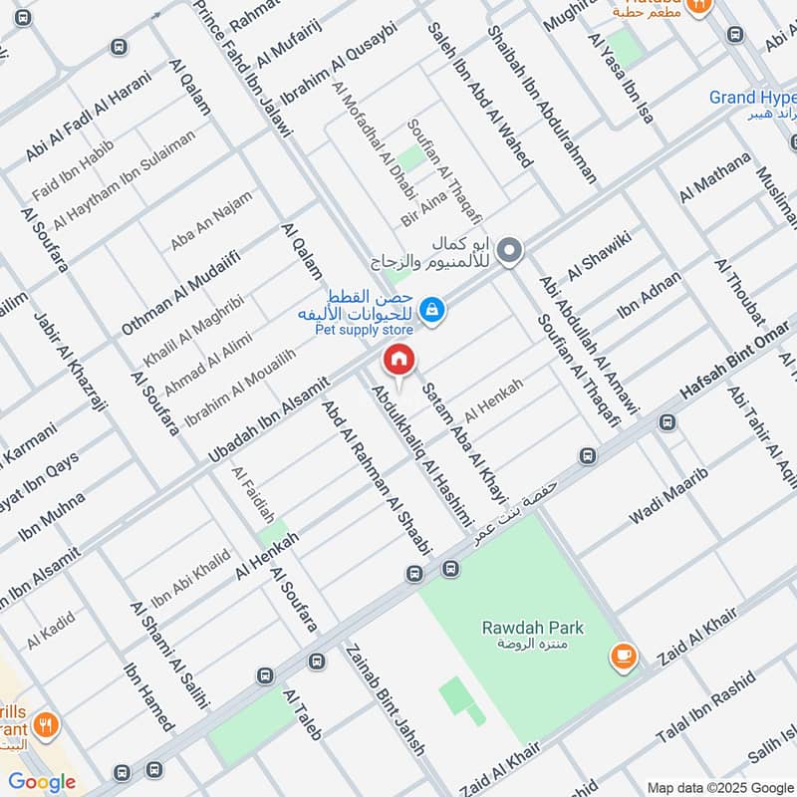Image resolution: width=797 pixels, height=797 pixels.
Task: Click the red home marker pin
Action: (398, 360)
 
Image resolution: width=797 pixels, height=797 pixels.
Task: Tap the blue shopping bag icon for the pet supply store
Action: (431, 311)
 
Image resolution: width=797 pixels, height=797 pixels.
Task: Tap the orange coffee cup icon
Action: (624, 656)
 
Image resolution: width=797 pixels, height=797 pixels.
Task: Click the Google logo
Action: (42, 781)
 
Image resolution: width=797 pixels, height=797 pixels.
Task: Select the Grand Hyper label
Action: (752, 98)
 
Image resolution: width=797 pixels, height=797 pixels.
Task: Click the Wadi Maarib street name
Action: (666, 503)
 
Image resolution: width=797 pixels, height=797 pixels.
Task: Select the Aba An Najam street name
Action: (211, 221)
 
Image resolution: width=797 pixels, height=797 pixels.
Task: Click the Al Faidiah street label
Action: (252, 495)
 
